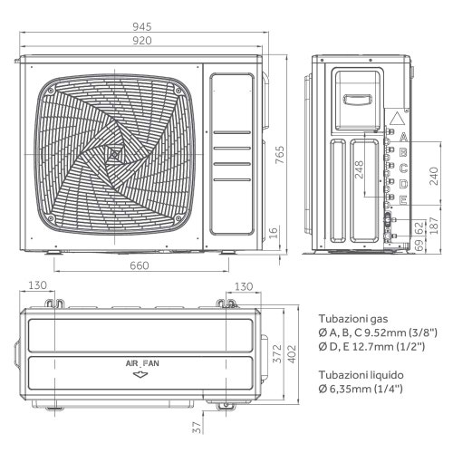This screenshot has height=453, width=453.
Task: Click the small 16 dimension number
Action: (274, 232)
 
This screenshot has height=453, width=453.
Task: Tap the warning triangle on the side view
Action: (397, 120)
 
